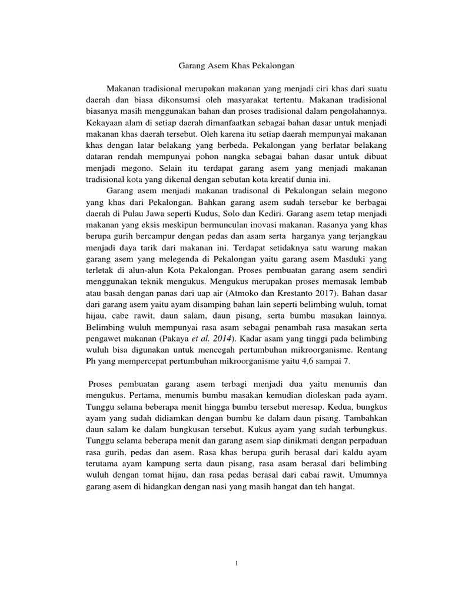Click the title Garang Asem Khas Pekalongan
[x=235, y=66]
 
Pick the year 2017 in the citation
[x=325, y=291]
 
